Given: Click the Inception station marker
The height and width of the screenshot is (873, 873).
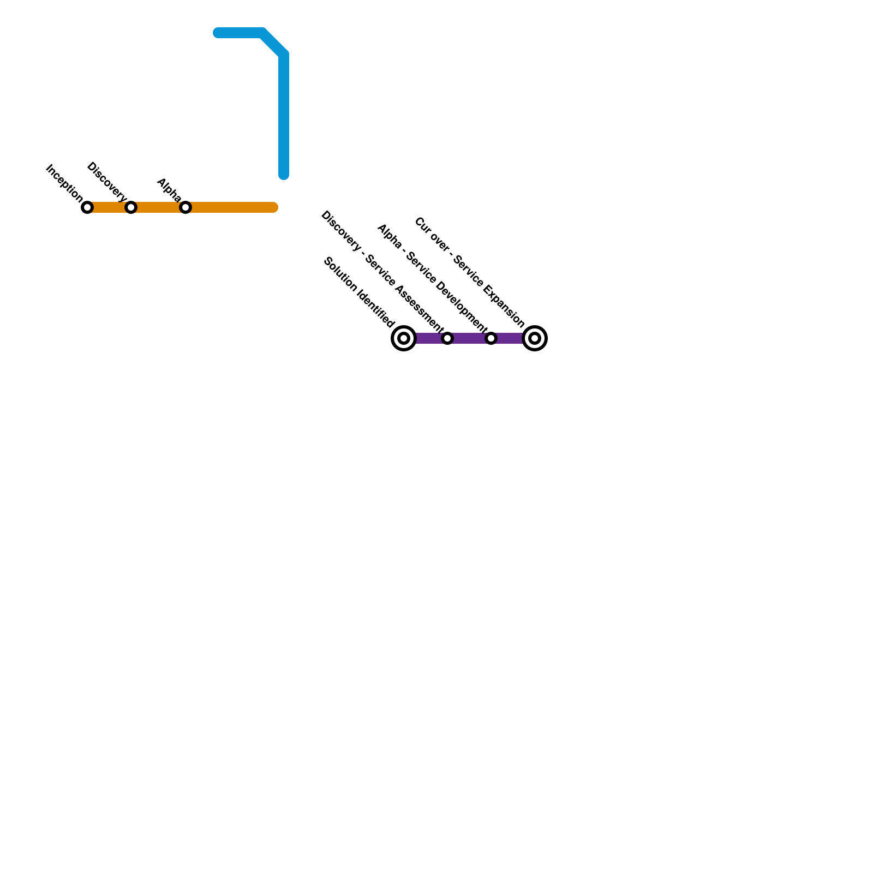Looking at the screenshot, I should coord(87,207).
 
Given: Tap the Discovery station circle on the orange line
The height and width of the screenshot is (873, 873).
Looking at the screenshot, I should coord(131,207).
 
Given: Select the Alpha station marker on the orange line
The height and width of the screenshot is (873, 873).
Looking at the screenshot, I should coord(186,207).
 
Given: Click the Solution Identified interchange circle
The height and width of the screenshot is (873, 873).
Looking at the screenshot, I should coord(404,338).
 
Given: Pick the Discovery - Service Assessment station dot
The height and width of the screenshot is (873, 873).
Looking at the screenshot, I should coord(447,338).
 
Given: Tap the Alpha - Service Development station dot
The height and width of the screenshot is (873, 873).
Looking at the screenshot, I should coord(491,338).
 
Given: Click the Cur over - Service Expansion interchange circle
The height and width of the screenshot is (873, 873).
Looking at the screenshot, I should coord(535,338).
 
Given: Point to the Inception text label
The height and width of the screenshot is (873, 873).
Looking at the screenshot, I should coord(64,183).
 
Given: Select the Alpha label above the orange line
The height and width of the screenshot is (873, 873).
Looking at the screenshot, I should coord(169,189).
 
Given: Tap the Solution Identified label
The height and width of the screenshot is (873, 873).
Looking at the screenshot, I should coord(358,292).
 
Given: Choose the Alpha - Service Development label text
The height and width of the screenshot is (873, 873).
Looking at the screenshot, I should coord(432,278).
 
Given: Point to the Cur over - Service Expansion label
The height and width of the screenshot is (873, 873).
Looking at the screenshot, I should coord(469,273).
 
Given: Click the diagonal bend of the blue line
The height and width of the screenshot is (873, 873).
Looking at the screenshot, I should coord(273,43).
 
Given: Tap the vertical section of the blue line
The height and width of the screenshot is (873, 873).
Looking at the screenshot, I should coord(284,115).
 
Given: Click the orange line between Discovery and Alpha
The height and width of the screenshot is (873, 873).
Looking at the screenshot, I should coord(158,207).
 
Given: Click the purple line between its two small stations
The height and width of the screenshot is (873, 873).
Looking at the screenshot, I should coord(469,338).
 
